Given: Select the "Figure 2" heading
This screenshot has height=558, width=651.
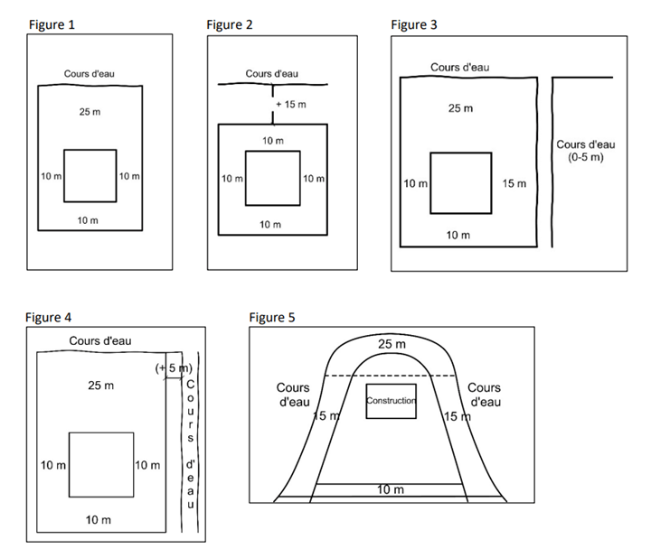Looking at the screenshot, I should [230, 25].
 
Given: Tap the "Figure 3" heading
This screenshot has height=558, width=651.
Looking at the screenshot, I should [414, 25].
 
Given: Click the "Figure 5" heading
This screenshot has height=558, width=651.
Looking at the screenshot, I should [271, 317].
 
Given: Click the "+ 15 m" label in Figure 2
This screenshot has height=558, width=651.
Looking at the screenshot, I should [291, 105].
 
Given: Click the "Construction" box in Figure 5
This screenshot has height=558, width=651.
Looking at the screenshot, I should [391, 400].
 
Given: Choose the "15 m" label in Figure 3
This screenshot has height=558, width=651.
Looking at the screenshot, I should [514, 184].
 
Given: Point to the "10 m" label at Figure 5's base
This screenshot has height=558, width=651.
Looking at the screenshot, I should [390, 489].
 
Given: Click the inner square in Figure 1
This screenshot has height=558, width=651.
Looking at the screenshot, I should [90, 175].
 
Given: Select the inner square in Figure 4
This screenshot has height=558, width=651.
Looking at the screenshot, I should [101, 464].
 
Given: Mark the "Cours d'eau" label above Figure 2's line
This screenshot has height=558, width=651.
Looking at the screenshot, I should [271, 74].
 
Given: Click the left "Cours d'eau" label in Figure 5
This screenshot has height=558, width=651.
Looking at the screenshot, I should [293, 395].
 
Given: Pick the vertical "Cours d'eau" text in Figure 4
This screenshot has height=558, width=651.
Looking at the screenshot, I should [190, 442].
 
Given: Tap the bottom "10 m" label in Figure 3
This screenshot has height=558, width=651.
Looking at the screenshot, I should [458, 236].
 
